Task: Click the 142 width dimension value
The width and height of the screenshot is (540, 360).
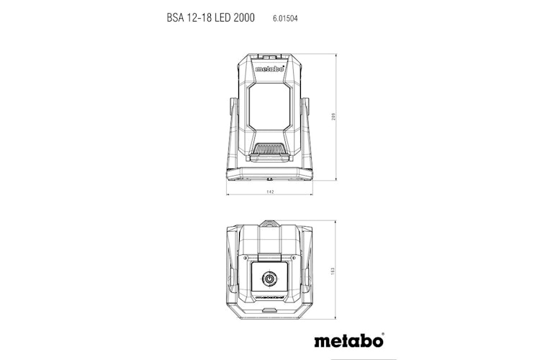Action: pyautogui.click(x=269, y=193)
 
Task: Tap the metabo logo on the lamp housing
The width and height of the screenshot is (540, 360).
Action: pyautogui.click(x=269, y=71)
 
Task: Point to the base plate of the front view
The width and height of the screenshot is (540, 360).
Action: pyautogui.click(x=269, y=174)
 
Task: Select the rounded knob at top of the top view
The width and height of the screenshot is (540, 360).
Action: pyautogui.click(x=269, y=222)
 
